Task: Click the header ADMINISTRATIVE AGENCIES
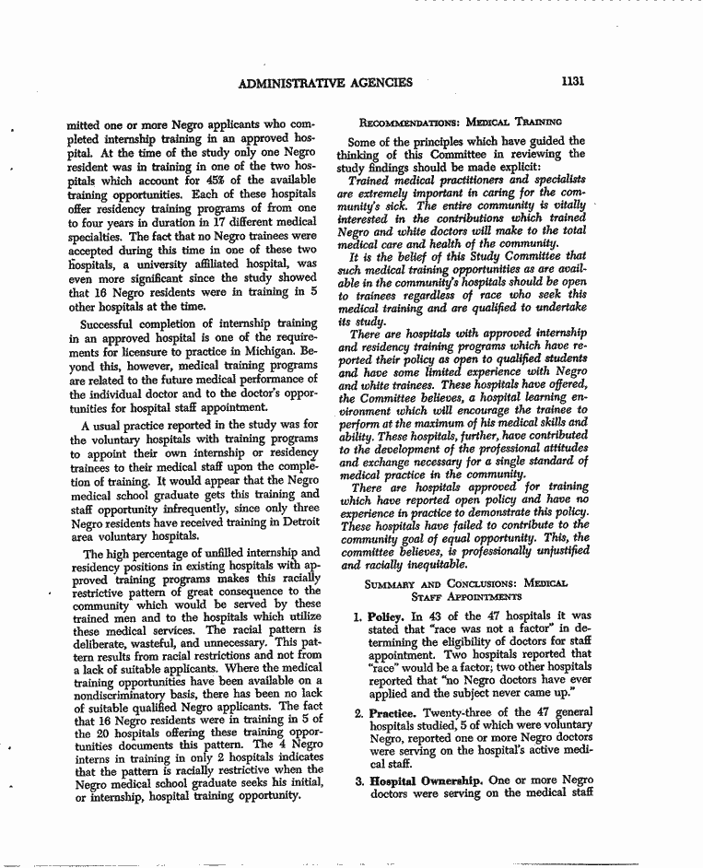[x=325, y=83]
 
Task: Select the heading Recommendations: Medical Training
[x=455, y=121]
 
